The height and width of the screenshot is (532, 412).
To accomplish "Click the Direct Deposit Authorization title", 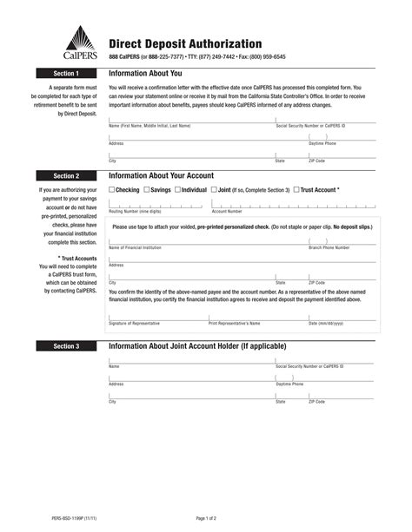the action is [185, 43].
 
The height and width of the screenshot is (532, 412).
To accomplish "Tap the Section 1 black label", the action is [66, 74].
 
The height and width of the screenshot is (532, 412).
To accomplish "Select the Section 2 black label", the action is [66, 175].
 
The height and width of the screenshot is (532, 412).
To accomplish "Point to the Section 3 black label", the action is [66, 345].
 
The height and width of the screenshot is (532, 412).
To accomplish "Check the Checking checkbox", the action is [111, 189].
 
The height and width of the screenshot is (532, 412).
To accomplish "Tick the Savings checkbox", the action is [144, 189].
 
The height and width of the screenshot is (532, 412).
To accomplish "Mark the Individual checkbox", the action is [177, 189].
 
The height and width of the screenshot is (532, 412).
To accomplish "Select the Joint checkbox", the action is [214, 189].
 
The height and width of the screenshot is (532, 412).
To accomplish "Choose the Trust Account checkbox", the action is [296, 189].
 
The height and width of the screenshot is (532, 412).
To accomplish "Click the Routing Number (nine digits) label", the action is [135, 211].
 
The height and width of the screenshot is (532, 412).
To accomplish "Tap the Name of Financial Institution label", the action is [135, 247].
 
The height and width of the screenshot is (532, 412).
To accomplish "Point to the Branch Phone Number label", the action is [329, 247].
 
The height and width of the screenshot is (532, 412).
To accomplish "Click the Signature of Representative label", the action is [134, 323].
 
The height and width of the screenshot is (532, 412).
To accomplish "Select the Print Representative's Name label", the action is [235, 323].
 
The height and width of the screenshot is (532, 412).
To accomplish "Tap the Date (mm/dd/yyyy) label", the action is [326, 323].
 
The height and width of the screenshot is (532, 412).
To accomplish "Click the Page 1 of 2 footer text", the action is [206, 518].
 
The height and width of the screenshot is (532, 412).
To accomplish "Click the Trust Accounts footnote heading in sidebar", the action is [77, 258].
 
